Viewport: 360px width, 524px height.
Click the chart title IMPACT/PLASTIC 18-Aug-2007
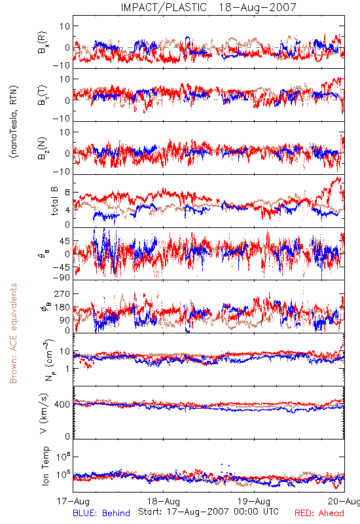tap(208, 7)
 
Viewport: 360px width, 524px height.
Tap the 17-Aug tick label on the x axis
tap(73, 501)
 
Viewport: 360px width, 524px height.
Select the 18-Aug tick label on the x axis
tap(164, 501)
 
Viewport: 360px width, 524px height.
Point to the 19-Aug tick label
tap(254, 501)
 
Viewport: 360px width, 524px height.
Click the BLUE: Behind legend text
tap(101, 513)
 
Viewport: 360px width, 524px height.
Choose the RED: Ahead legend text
tap(319, 513)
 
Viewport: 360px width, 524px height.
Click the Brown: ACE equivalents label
tap(13, 333)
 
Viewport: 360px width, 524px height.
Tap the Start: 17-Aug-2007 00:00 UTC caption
tap(208, 512)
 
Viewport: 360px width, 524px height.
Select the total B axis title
tap(54, 201)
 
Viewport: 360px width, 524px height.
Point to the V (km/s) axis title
tap(44, 413)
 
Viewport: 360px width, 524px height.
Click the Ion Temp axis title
tap(45, 466)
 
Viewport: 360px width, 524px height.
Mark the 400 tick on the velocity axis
tap(62, 404)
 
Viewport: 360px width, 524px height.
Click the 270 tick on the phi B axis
tap(62, 293)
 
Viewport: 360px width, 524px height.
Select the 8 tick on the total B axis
tap(68, 193)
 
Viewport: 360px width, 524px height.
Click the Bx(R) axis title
tap(43, 43)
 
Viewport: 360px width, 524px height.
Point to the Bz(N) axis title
tap(43, 148)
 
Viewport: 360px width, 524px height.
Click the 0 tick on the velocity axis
tap(68, 436)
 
